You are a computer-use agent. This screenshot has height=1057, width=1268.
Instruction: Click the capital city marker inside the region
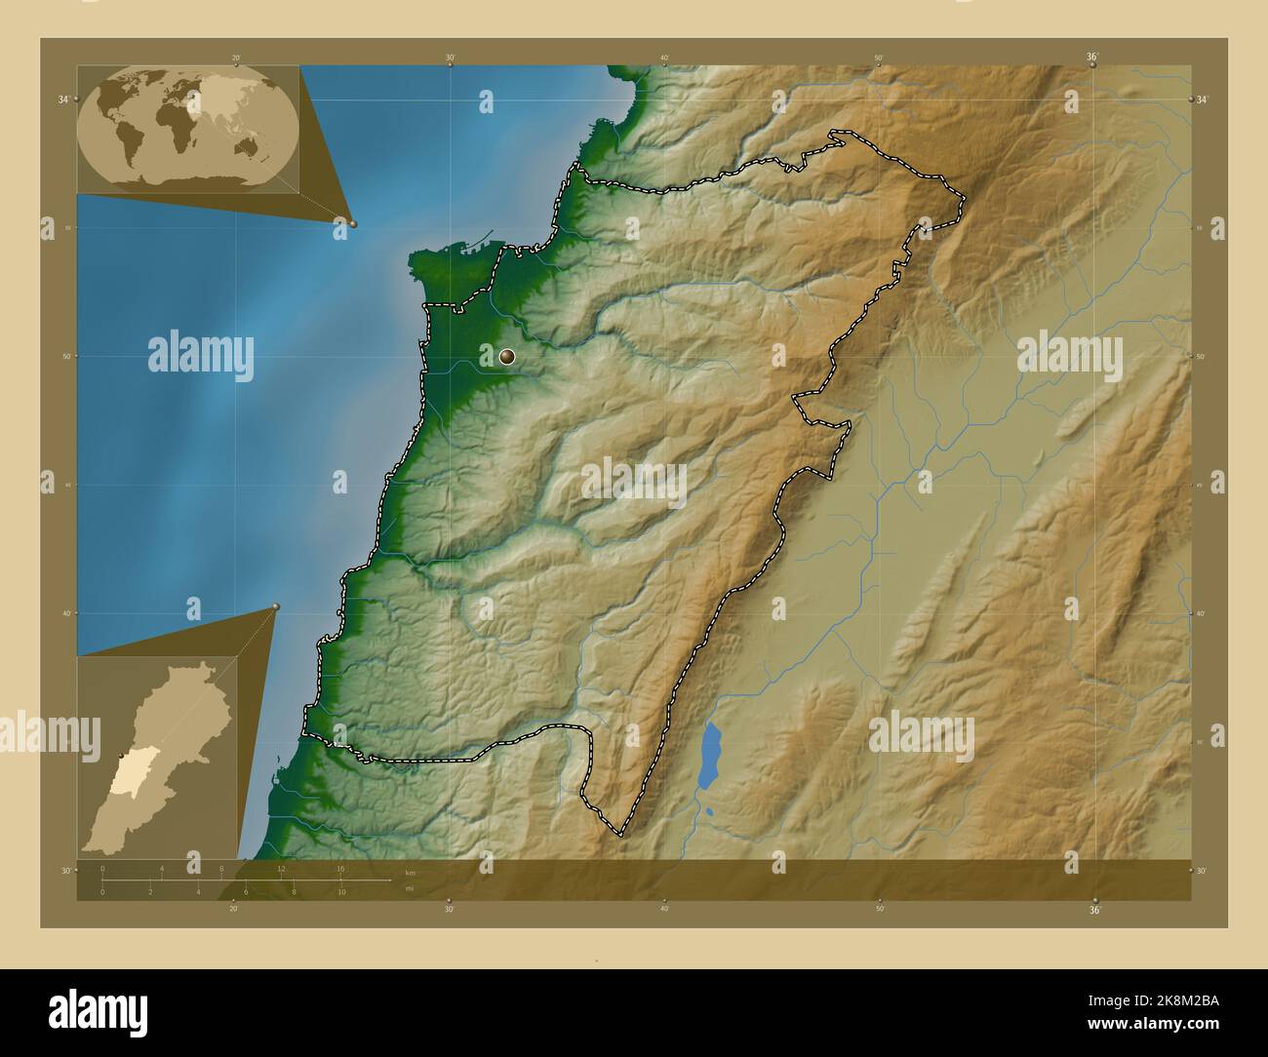point(506,357)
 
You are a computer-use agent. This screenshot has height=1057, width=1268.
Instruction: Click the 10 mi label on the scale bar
point(341,892)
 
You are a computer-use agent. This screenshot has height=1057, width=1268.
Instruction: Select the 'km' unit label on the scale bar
point(410,873)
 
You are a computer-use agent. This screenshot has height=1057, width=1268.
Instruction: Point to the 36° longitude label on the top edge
point(1092,58)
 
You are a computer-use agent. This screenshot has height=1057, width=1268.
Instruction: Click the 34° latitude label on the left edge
point(62,99)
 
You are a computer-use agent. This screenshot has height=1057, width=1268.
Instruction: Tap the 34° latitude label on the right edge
point(1203,99)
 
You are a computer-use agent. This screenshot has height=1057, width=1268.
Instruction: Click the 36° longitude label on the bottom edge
point(1094,910)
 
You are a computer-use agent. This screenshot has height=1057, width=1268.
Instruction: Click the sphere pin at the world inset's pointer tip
point(352,223)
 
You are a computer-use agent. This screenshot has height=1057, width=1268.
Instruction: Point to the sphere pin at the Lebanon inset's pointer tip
point(276,607)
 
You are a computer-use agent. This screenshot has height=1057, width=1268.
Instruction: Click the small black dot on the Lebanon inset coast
point(121,756)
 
